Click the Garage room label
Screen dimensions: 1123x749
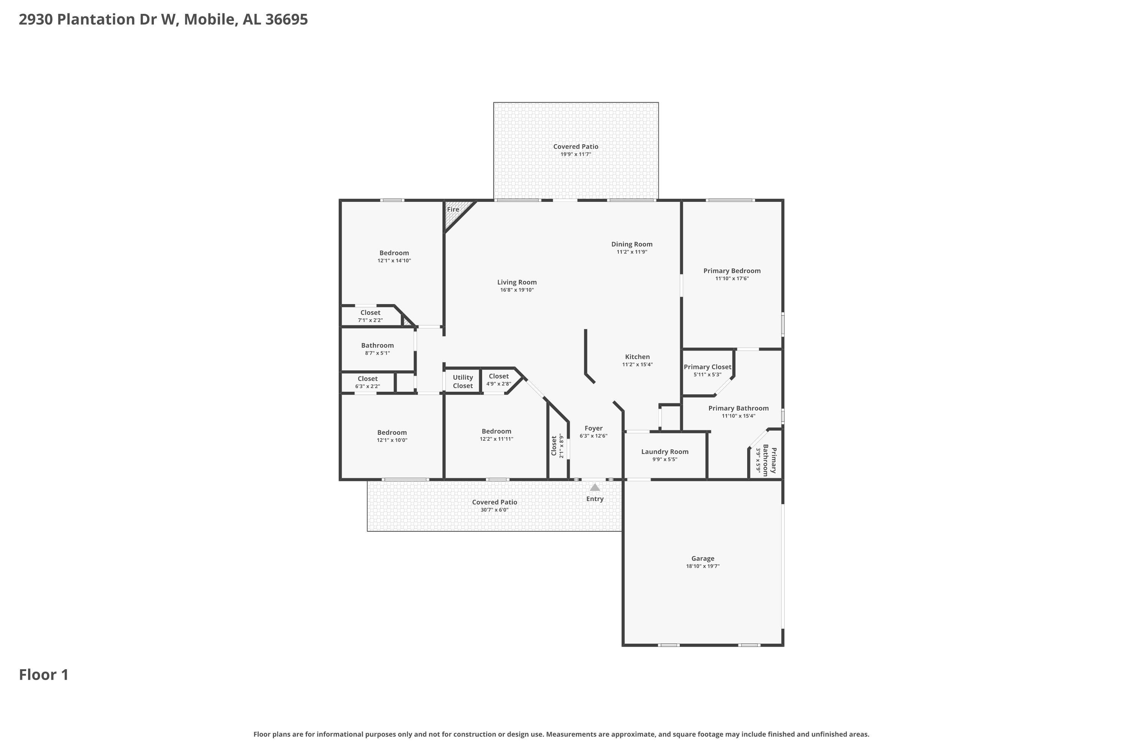click(x=703, y=558)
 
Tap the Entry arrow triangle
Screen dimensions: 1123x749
click(x=594, y=487)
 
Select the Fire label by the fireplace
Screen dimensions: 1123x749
click(x=453, y=209)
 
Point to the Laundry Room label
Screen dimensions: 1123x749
click(x=665, y=451)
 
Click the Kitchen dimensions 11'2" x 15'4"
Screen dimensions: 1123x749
click(x=637, y=364)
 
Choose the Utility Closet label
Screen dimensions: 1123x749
click(x=463, y=382)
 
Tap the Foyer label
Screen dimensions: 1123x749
click(x=593, y=428)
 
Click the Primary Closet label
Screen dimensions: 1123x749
click(x=707, y=367)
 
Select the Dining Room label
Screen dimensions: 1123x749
click(x=632, y=244)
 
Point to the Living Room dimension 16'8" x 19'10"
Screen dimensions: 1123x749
click(x=517, y=290)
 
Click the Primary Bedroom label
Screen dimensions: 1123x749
click(x=731, y=271)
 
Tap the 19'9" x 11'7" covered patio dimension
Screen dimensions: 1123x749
click(x=575, y=154)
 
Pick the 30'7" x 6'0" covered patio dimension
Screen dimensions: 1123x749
click(x=494, y=510)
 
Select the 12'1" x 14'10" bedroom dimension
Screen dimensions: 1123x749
click(x=394, y=261)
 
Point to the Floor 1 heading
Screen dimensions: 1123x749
click(x=44, y=675)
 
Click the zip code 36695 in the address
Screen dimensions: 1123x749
click(x=286, y=19)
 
